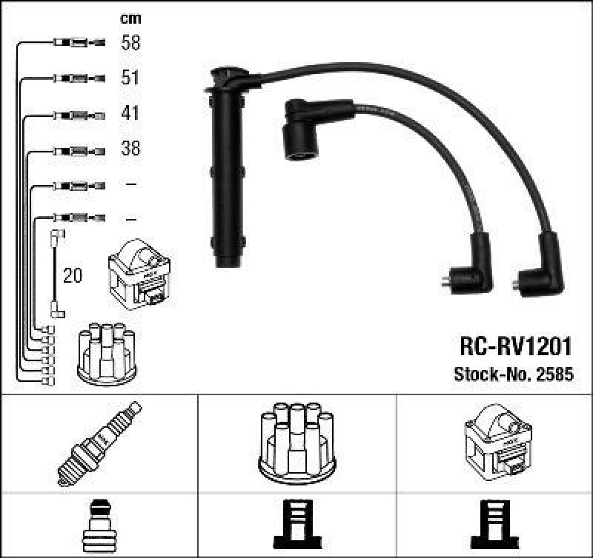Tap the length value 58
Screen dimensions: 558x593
[x=130, y=43]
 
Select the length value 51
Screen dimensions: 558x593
[x=130, y=78]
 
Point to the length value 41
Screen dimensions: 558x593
[x=130, y=113]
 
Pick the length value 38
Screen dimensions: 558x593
[x=130, y=149]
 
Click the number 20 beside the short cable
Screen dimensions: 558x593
[x=73, y=276]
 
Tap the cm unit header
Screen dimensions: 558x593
[x=130, y=19]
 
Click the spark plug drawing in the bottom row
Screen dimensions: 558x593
[x=99, y=444]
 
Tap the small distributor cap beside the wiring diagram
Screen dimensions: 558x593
[x=107, y=353]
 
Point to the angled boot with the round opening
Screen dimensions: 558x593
[x=300, y=129]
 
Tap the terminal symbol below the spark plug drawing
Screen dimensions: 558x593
[x=99, y=526]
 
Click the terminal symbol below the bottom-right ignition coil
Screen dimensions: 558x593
[x=494, y=526]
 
